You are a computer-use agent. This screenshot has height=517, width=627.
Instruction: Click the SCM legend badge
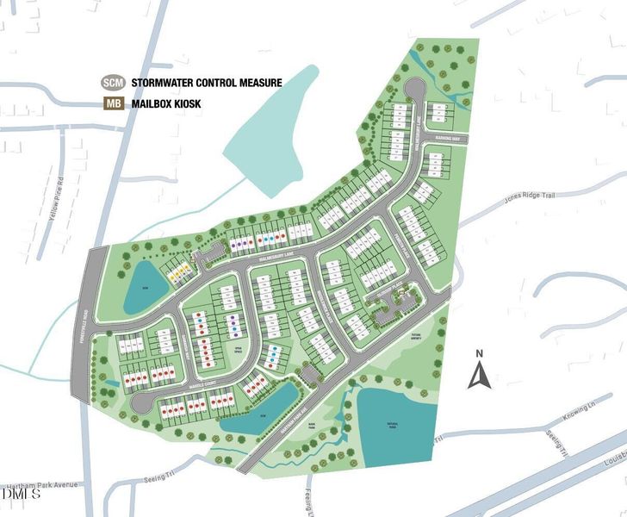113,83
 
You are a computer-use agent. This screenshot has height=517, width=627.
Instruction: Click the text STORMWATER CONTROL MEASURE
207,83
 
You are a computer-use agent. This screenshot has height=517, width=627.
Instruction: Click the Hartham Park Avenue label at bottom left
39,485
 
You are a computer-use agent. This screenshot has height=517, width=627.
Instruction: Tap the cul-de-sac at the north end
414,89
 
